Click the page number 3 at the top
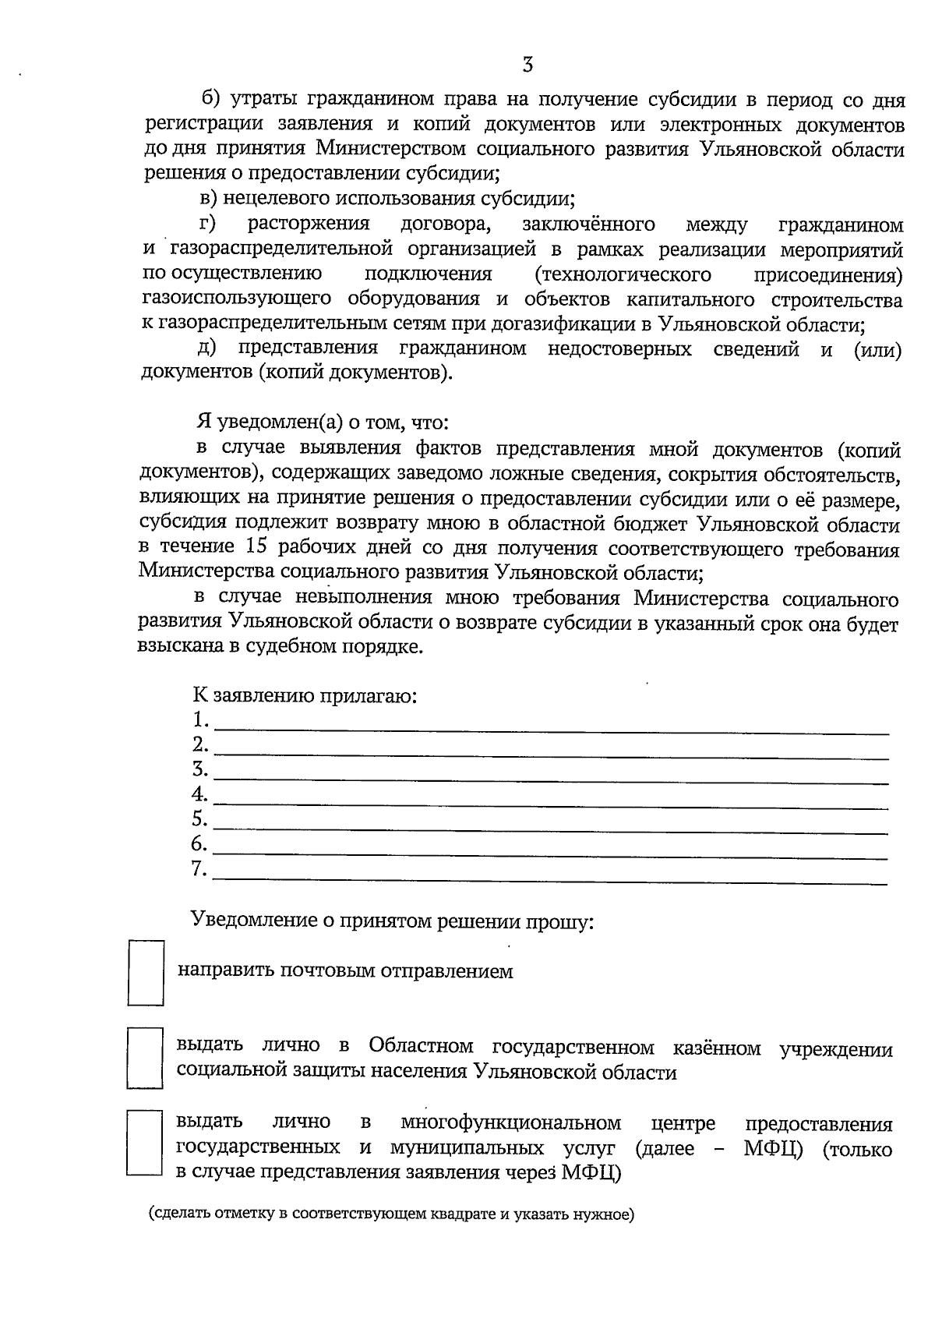coord(527,65)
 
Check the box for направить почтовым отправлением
coord(146,972)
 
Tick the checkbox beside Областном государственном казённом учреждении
coord(145,1058)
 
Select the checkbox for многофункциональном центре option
coord(144,1143)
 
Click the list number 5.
coord(199,818)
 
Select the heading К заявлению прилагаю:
coord(305,695)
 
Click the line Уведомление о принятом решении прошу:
coord(393,921)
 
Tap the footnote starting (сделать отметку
coord(392,1214)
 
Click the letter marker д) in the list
coord(206,348)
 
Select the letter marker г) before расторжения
coord(208,225)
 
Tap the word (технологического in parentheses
coord(623,274)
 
